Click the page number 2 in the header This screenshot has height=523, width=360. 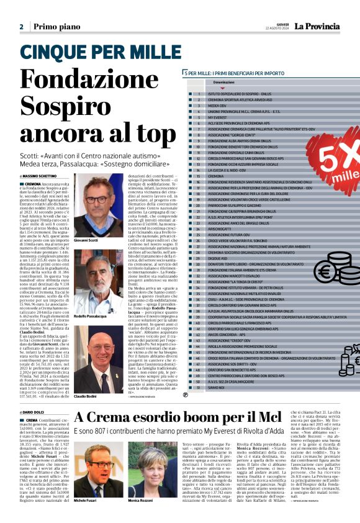(21, 27)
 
